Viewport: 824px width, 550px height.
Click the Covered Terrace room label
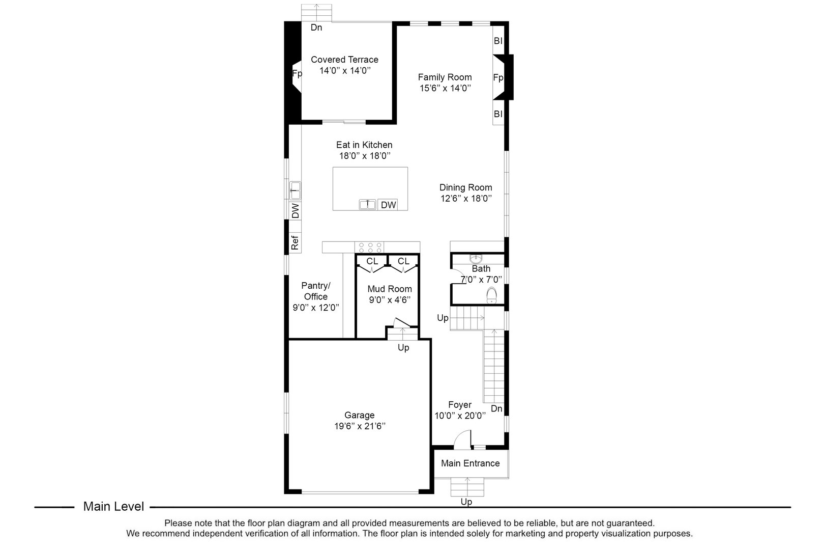click(x=344, y=60)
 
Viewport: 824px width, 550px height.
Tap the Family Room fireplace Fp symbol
click(x=498, y=77)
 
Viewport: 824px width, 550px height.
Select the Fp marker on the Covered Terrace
click(x=297, y=73)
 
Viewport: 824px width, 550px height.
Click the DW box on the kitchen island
click(x=388, y=205)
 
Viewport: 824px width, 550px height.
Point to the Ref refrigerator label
click(x=295, y=242)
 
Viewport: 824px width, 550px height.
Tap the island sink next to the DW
click(x=367, y=205)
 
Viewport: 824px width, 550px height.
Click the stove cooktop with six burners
click(x=370, y=248)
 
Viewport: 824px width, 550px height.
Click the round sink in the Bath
click(x=476, y=258)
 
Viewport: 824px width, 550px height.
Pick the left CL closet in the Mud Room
click(x=372, y=261)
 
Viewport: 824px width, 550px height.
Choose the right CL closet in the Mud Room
click(x=403, y=261)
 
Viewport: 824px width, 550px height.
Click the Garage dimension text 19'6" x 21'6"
click(x=359, y=426)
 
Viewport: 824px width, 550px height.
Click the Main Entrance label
click(x=470, y=463)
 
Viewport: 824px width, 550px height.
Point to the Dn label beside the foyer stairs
click(x=496, y=408)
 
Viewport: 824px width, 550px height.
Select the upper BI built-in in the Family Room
click(x=498, y=41)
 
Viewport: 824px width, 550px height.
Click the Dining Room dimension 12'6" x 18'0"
click(x=465, y=198)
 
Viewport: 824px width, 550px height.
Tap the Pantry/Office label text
click(x=315, y=291)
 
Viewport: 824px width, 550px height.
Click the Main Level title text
click(x=113, y=507)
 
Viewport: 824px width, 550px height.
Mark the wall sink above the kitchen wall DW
click(x=295, y=190)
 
